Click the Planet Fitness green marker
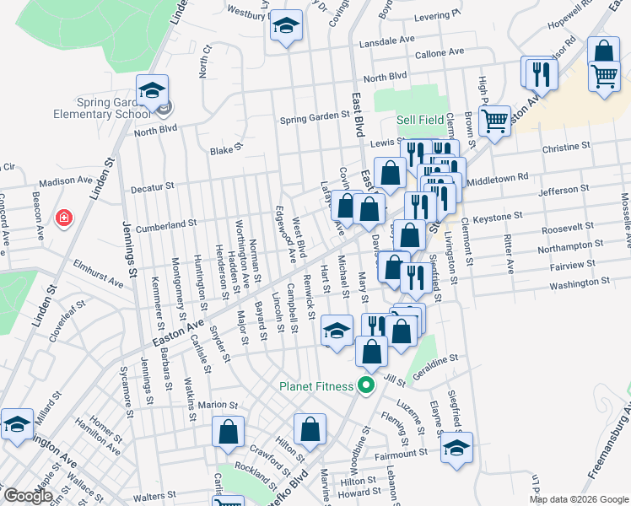(x=365, y=387)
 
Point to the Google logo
(x=28, y=495)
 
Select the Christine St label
(x=566, y=147)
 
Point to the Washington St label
(x=579, y=285)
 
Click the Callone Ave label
(x=440, y=52)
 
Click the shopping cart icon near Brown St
(x=493, y=121)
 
